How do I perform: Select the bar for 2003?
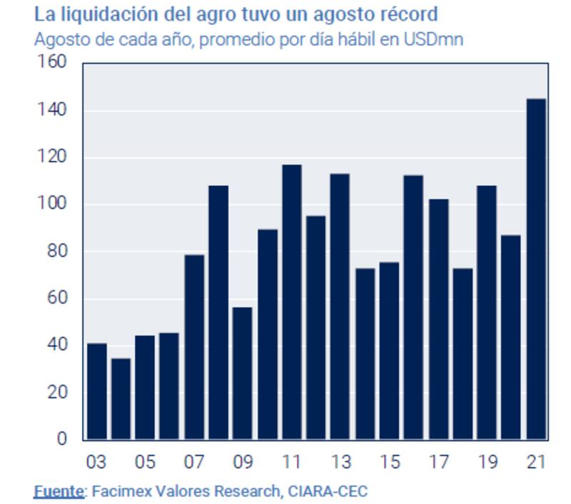click(x=96, y=391)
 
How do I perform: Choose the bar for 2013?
click(x=340, y=307)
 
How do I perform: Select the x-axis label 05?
click(x=145, y=462)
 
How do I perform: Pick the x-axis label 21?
click(x=536, y=462)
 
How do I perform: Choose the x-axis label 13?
click(x=340, y=462)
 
